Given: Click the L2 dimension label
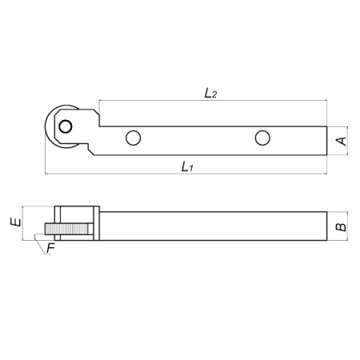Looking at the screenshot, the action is tap(210, 94).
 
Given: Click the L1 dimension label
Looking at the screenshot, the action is tap(187, 167).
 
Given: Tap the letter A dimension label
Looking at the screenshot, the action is tap(342, 141).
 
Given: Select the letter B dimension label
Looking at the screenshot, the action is tap(341, 227).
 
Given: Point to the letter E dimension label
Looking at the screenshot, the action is tap(15, 222).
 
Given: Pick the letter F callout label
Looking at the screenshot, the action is tap(50, 248).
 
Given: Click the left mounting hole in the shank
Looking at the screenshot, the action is tap(133, 138).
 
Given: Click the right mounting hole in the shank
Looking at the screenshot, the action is tap(262, 138).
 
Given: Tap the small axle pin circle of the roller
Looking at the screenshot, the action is tap(66, 126).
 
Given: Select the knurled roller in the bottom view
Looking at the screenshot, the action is tap(66, 229).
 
